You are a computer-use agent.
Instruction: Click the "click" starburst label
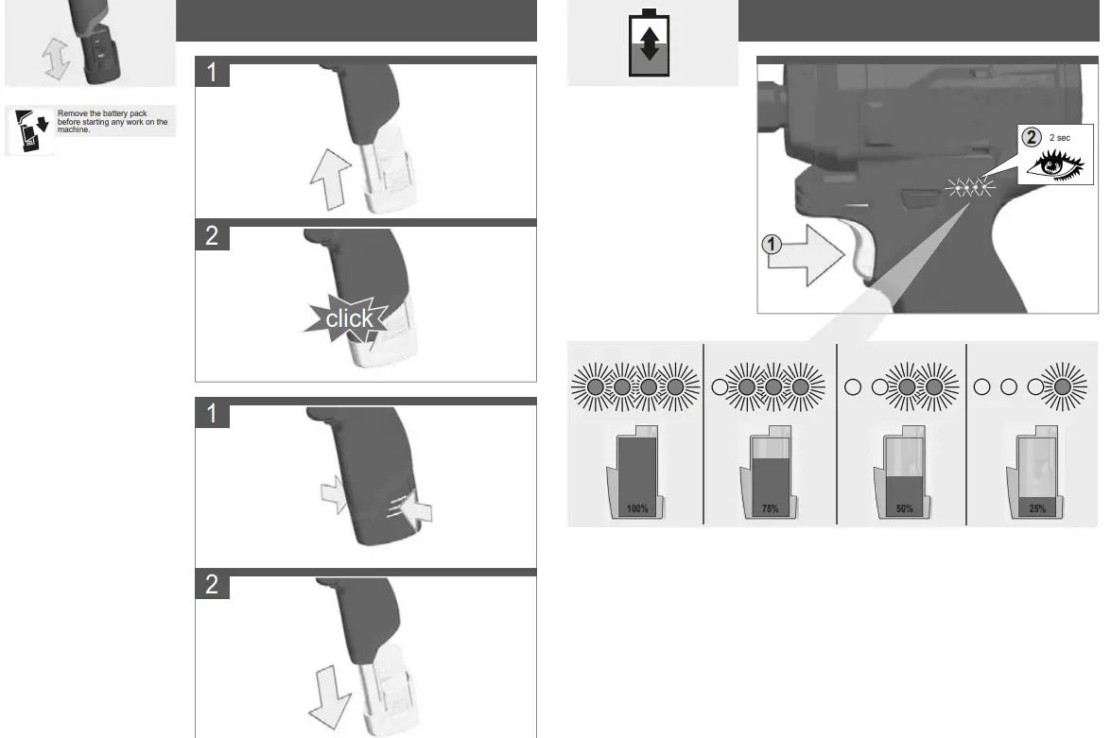(x=349, y=318)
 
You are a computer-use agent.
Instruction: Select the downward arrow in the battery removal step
(x=329, y=694)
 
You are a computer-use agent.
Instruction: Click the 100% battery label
(x=637, y=509)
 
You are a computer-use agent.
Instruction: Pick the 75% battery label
(x=771, y=509)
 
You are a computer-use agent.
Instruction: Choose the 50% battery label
(x=904, y=509)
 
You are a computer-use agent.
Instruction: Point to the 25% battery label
(x=1036, y=509)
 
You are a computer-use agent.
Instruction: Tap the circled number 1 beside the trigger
(x=772, y=245)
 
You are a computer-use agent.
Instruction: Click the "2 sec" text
(x=1060, y=138)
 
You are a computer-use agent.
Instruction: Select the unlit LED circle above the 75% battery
(x=720, y=386)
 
